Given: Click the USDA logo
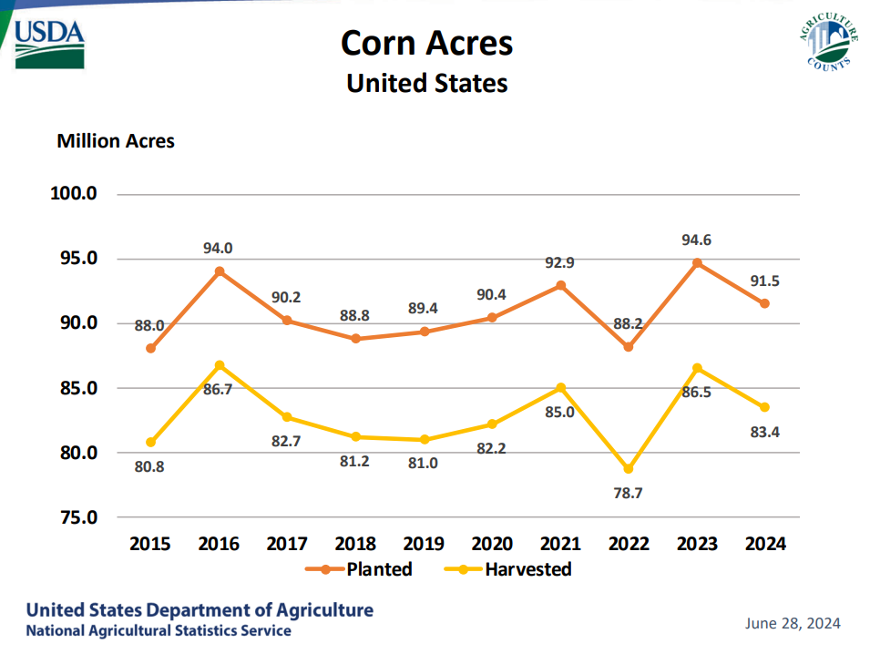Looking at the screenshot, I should coord(50,44).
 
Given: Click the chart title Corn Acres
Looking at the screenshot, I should coord(426,43).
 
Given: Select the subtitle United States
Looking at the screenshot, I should coord(426,83).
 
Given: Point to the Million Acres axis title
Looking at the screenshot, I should coord(116,141).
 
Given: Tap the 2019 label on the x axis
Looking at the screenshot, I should coord(424,544).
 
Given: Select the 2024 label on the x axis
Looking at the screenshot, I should coord(765,544).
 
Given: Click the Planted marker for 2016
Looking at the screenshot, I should coord(220,271).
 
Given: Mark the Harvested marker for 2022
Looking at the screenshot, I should coord(629,469).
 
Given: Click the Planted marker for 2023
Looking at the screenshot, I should coord(697,263).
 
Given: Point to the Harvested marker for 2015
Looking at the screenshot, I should coord(151,443).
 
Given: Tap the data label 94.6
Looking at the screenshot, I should coord(697,240).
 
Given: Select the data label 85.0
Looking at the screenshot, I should coord(560,412).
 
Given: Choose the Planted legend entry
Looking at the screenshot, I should coord(361,569).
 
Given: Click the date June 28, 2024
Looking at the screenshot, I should coord(793,624).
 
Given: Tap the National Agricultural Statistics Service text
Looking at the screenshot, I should coord(159,630).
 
